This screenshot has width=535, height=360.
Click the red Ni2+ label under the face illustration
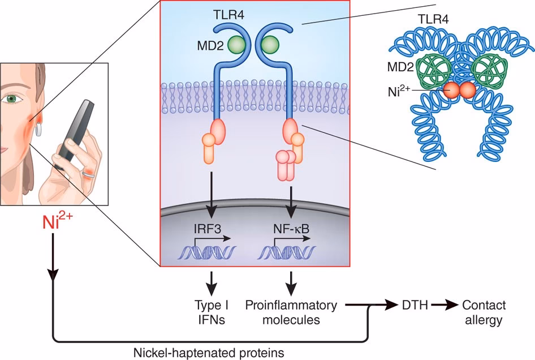[x=57, y=220]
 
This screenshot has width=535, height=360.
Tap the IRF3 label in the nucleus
[x=210, y=231]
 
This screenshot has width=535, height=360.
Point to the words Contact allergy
[x=484, y=312]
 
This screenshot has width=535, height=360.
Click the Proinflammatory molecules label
[x=291, y=312]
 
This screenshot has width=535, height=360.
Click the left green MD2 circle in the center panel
[x=243, y=44]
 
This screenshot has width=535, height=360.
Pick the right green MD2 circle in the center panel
[x=270, y=44]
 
